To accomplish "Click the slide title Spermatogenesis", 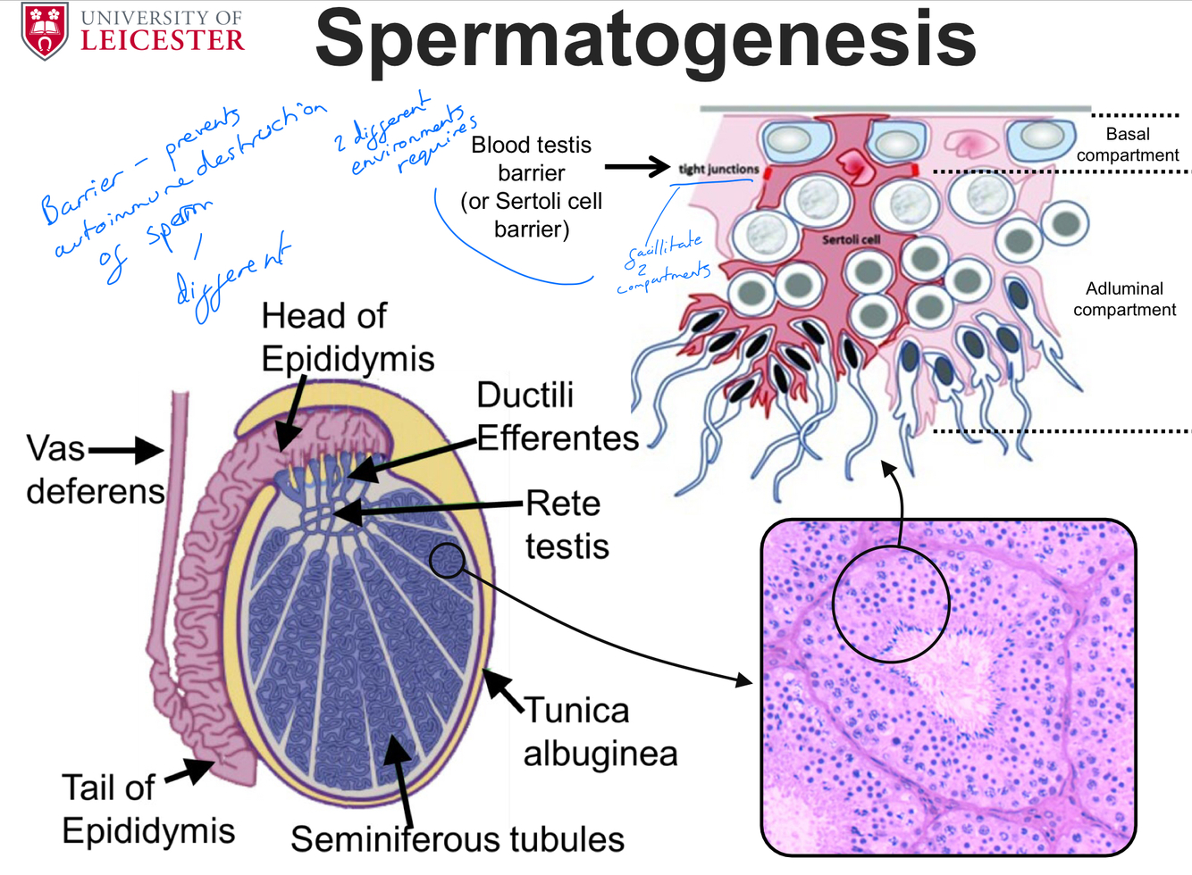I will click(645, 39).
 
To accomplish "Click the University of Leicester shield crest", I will click(45, 30).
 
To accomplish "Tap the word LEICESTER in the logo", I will click(163, 40).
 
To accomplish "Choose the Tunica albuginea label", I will click(600, 732).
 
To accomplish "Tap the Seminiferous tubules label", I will click(457, 839).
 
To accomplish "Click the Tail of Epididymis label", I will click(147, 809).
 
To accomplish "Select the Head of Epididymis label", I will click(347, 337).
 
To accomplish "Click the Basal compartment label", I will click(1128, 145).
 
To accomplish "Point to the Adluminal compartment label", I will click(1124, 299).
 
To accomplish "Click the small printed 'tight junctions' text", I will click(718, 169).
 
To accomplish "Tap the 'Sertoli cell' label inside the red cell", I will click(851, 239).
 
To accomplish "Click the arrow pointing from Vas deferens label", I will click(125, 451).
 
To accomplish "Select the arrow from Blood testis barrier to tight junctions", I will click(636, 166).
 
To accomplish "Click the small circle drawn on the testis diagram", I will click(447, 561).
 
